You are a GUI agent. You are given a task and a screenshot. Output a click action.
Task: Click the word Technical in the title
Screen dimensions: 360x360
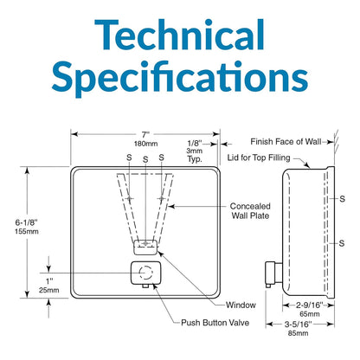click(x=179, y=35)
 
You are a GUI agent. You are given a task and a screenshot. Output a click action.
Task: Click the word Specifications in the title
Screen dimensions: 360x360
click(x=180, y=76)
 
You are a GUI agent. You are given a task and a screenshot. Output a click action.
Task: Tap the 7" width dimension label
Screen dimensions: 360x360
click(x=145, y=135)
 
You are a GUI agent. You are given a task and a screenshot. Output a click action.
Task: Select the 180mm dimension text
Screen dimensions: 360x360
click(x=145, y=144)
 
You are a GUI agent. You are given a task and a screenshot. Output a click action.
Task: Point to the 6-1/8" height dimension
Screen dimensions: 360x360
click(x=27, y=222)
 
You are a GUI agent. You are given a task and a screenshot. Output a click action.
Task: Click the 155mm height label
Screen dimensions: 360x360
click(x=27, y=231)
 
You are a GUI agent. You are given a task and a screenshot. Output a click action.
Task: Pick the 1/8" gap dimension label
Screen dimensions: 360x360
click(x=195, y=144)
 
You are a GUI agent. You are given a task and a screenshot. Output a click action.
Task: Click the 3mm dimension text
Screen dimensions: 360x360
click(x=195, y=151)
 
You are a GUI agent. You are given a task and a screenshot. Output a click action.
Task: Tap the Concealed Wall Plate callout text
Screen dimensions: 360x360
click(x=250, y=211)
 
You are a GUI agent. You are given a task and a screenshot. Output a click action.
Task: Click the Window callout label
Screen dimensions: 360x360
click(x=241, y=305)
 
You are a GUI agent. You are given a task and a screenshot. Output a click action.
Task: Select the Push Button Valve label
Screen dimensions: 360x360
click(x=215, y=323)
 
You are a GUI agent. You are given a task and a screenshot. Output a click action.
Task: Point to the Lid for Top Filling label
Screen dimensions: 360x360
click(x=259, y=157)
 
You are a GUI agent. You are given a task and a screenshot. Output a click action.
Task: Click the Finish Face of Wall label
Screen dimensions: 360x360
click(x=286, y=142)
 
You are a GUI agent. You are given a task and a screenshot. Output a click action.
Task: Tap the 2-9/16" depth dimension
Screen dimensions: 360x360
click(x=310, y=305)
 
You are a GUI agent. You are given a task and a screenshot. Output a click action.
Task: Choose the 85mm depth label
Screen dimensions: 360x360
click(x=298, y=333)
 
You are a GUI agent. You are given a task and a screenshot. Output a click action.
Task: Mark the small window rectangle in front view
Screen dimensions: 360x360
click(x=145, y=247)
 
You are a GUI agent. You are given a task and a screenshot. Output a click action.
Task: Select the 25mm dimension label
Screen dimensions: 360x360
click(x=49, y=290)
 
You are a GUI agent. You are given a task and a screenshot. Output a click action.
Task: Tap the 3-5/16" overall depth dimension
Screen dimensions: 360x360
click(x=299, y=325)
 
